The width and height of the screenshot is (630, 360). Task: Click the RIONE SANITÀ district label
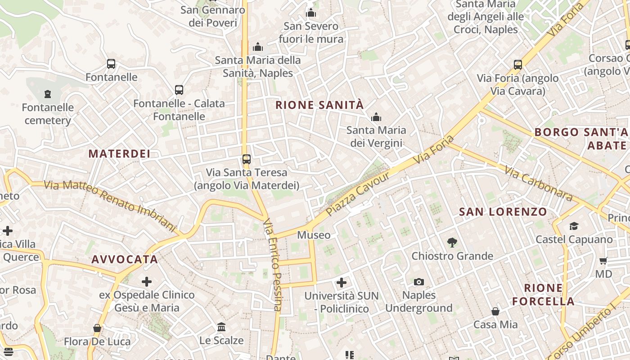tap(319, 105)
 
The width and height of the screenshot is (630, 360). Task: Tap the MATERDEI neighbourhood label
tap(119, 154)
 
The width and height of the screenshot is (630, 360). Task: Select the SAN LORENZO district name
tap(503, 212)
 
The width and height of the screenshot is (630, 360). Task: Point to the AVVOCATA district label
tap(125, 260)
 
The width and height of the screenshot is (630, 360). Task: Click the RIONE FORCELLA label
tap(544, 295)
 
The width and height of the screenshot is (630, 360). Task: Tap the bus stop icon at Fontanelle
tap(111, 64)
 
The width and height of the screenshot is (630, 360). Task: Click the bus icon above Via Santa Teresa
tap(247, 159)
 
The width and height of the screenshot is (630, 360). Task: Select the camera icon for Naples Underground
tap(419, 282)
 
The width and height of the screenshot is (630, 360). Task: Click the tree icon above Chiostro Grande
tap(452, 243)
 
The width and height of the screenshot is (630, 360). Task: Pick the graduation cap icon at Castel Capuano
tap(574, 226)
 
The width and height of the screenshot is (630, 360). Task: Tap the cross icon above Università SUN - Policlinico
tap(342, 283)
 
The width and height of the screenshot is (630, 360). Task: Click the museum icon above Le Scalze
tap(221, 327)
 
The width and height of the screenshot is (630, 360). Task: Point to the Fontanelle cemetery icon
tap(48, 94)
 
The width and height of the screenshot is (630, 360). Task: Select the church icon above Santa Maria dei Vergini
tap(376, 117)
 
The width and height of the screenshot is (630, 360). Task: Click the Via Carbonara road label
tap(538, 184)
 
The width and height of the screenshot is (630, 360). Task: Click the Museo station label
tap(314, 235)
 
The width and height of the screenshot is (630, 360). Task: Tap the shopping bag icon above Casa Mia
tap(495, 311)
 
